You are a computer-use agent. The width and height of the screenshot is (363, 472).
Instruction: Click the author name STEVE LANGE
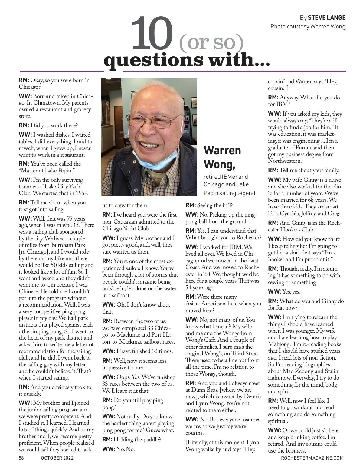tap(326, 17)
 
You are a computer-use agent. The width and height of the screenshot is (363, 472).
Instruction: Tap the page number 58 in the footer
tap(21, 458)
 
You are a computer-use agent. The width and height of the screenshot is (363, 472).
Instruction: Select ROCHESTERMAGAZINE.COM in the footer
tap(312, 458)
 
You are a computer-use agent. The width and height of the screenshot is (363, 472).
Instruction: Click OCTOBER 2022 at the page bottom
tap(57, 458)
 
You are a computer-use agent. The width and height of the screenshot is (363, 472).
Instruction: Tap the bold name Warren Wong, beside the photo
tap(222, 157)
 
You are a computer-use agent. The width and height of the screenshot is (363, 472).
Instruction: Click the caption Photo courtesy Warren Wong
tap(308, 27)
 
